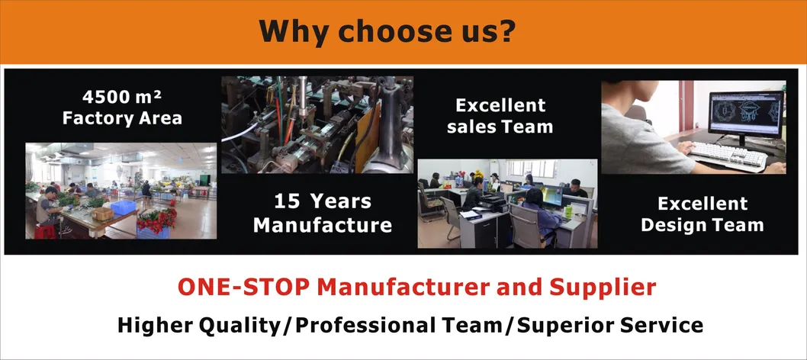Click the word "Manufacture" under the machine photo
tap(323, 225)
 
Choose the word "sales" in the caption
tap(472, 127)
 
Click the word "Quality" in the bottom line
tap(242, 326)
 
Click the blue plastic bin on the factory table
tap(122, 207)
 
